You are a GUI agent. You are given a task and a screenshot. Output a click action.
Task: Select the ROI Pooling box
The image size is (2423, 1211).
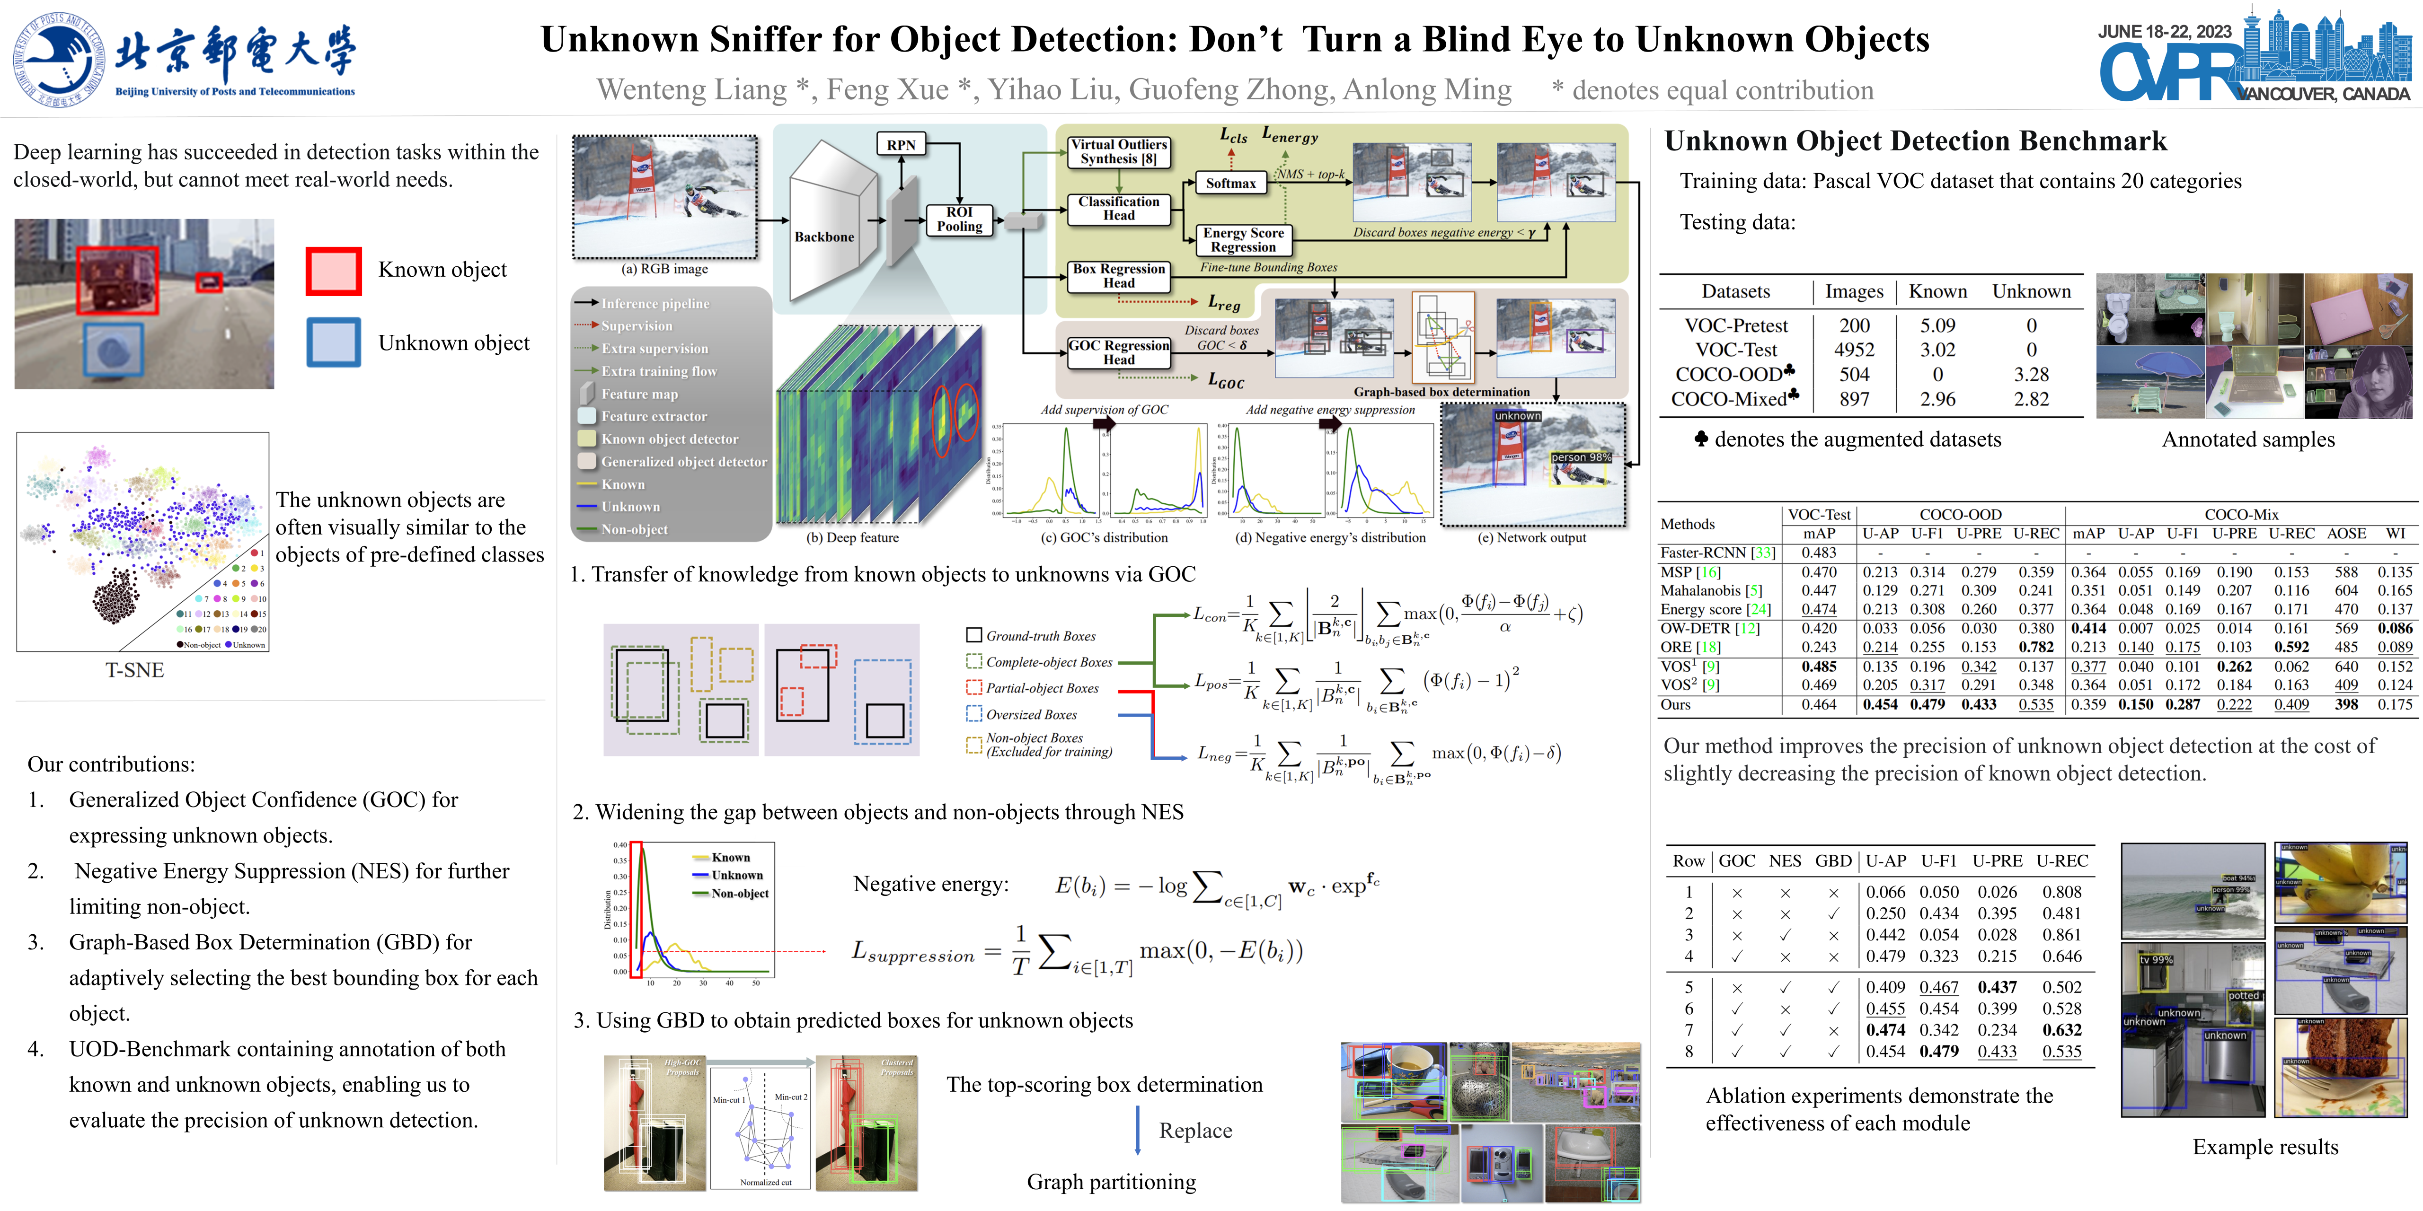959,219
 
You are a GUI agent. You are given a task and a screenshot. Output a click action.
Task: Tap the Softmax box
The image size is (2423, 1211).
1230,184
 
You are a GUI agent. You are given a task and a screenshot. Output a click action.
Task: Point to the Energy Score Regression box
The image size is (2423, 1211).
1244,240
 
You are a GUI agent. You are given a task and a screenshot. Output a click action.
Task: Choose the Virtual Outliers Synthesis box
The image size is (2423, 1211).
1119,151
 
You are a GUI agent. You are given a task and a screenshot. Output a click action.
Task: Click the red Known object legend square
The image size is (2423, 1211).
333,271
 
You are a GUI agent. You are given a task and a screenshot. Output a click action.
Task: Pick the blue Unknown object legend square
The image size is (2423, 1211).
333,342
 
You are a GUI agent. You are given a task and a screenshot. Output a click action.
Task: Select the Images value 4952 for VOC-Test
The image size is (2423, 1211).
1854,350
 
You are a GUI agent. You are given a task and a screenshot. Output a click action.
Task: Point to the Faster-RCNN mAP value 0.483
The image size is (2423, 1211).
1818,553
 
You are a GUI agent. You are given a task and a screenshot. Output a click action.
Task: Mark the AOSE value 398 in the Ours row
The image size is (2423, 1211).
2346,704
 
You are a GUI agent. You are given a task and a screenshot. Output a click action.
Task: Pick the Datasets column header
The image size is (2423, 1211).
1735,291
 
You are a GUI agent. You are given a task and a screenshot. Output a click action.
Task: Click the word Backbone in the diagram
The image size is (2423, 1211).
824,237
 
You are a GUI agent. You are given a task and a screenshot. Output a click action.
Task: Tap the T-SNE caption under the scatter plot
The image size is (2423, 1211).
134,670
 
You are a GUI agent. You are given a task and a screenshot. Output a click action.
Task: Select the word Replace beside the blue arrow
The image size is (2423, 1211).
1194,1131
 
